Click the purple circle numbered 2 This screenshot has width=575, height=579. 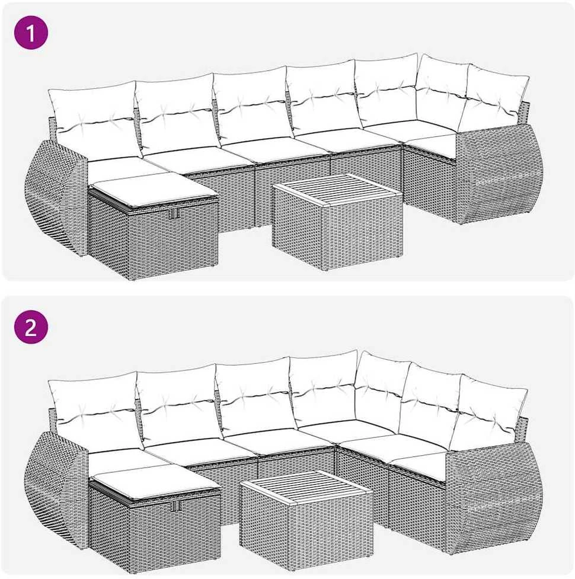(x=31, y=327)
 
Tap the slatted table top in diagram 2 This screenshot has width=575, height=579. (x=306, y=487)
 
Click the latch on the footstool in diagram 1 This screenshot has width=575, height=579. (x=174, y=213)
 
